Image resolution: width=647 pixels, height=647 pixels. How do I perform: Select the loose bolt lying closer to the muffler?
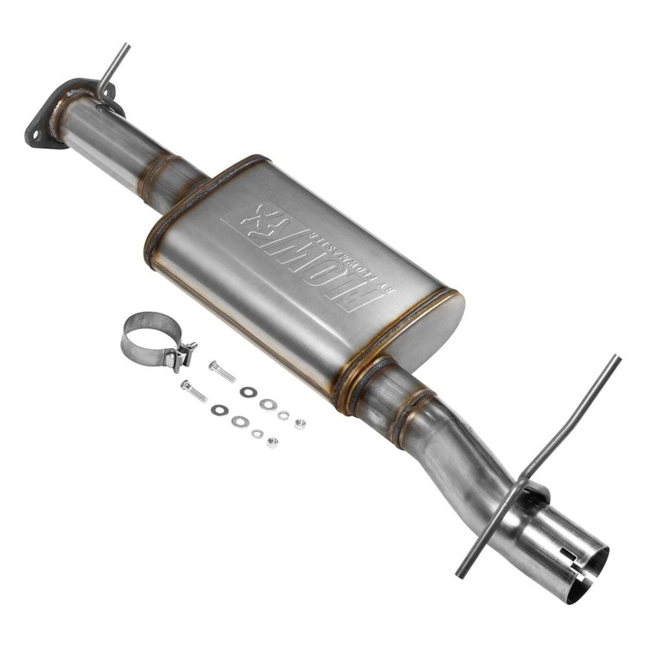(x=221, y=371)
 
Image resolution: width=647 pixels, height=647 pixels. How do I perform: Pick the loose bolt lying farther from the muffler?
(x=193, y=391)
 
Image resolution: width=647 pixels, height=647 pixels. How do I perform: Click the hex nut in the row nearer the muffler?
(x=300, y=424)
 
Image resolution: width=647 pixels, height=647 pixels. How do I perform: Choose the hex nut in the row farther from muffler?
(x=272, y=443)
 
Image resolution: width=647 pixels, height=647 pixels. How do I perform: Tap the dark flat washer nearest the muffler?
(x=248, y=391)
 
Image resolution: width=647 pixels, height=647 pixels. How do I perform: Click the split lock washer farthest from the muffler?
(x=258, y=433)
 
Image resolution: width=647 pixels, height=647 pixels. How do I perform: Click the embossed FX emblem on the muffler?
(x=262, y=224)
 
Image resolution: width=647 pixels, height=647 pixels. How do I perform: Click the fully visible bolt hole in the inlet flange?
(x=36, y=135)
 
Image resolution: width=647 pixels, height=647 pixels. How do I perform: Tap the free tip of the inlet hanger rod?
(x=126, y=47)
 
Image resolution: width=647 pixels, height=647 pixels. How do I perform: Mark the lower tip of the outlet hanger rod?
(x=459, y=575)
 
